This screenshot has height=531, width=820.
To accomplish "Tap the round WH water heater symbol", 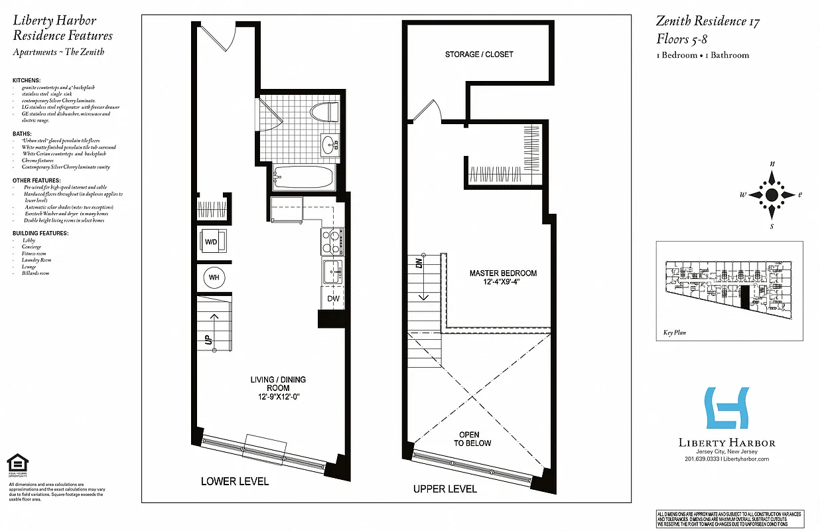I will coord(214,277).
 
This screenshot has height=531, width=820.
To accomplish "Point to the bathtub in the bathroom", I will coord(305,178).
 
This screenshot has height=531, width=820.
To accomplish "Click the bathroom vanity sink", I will coord(328,144).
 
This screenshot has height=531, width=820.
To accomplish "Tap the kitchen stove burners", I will coord(331,242).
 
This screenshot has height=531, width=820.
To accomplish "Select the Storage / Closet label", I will coord(479,54).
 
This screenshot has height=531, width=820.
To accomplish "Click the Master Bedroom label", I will coord(503,277).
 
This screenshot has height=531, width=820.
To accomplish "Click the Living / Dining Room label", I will coord(278,388).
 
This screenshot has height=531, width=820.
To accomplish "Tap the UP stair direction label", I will coord(208,339).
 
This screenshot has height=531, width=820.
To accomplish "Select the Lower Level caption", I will coord(235,481).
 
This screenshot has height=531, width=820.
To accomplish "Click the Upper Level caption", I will coord(444,489).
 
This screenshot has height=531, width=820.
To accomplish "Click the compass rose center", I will coord(772,195).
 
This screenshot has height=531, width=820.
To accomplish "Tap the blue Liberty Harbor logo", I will coord(726,408).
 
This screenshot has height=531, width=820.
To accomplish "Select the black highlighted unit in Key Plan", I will coord(744,298).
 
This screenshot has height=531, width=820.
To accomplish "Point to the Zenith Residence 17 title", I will coord(708,21).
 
